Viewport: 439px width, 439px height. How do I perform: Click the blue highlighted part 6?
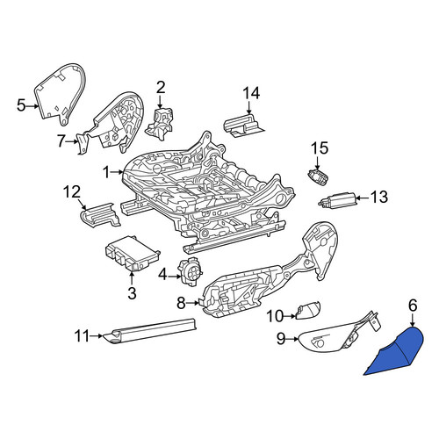click(398, 353)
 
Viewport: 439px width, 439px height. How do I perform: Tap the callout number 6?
click(413, 306)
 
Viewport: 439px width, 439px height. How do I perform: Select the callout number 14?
click(251, 93)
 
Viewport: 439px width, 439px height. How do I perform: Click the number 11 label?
click(82, 336)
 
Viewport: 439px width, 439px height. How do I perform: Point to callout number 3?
click(132, 293)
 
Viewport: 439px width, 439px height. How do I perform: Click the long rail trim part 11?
click(150, 331)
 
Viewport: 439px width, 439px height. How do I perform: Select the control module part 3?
click(132, 254)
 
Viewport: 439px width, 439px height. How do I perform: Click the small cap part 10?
click(308, 310)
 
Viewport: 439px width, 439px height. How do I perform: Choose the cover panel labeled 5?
click(61, 94)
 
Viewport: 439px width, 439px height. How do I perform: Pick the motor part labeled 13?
click(337, 199)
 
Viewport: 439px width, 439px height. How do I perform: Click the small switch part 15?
click(318, 177)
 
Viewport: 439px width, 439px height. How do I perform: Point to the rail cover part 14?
click(243, 126)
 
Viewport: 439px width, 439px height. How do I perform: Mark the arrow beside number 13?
click(363, 198)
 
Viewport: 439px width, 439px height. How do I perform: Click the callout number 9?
click(281, 339)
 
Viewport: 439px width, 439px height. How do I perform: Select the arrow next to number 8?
click(192, 303)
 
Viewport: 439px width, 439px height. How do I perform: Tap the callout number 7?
click(61, 141)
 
